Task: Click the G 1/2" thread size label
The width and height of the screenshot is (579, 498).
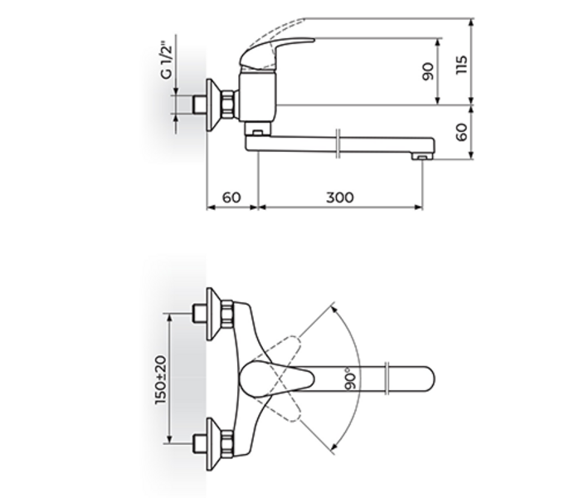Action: [167, 61]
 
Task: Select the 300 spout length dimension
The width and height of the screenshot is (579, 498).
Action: [339, 197]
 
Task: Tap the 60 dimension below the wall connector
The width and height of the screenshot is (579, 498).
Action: [231, 197]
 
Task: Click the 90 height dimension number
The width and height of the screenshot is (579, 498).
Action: [428, 71]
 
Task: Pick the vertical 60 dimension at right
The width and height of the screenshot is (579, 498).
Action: [462, 131]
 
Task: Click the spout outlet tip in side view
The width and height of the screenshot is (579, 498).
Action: [422, 154]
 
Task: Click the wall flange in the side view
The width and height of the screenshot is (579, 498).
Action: [214, 105]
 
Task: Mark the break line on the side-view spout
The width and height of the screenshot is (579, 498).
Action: [340, 144]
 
